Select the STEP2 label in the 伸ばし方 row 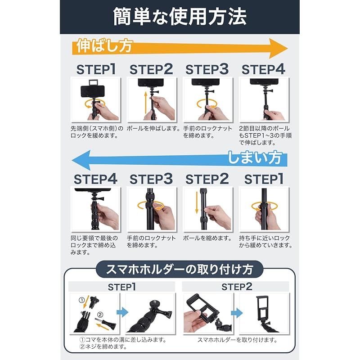tap(151, 70)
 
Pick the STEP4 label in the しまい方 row tap(96, 179)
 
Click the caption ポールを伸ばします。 tap(153, 129)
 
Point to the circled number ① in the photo tap(81, 299)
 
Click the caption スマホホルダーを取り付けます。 tap(236, 340)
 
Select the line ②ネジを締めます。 tap(102, 347)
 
